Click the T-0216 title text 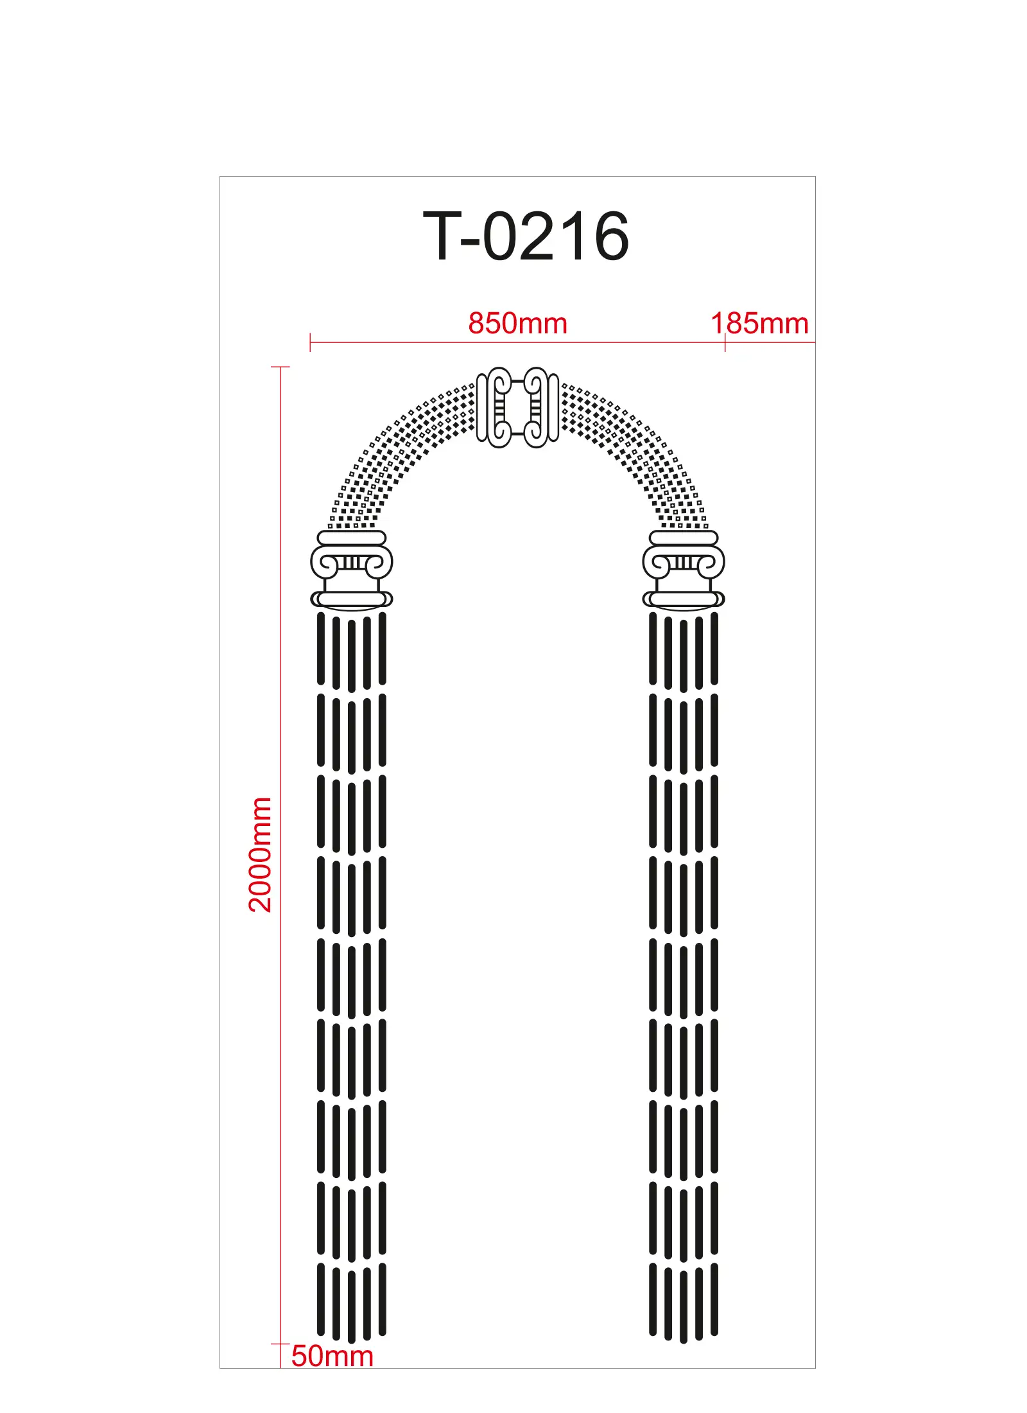point(526,236)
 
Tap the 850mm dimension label point(517,323)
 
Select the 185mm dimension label point(759,323)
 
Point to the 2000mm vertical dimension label point(260,854)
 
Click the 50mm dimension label point(332,1356)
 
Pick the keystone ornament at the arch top point(517,407)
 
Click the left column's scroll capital point(352,563)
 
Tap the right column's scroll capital point(684,563)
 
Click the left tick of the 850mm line point(310,342)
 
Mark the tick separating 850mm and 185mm point(725,342)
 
